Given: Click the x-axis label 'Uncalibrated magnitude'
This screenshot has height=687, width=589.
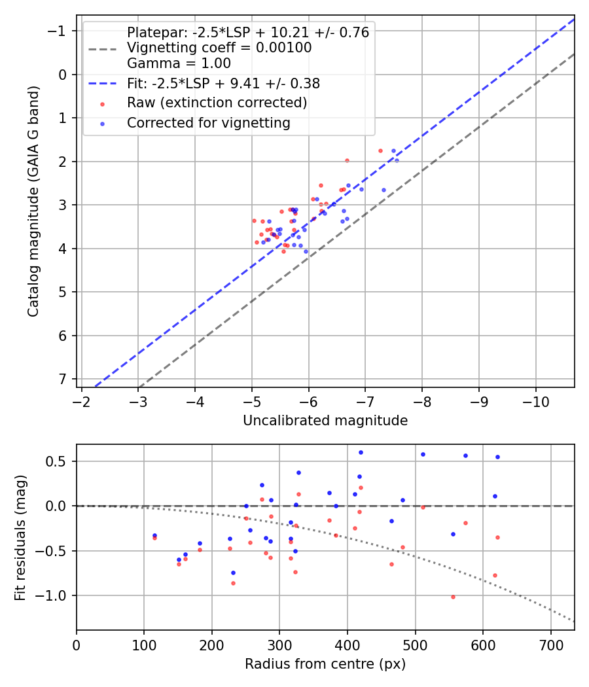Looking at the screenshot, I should pyautogui.click(x=325, y=421).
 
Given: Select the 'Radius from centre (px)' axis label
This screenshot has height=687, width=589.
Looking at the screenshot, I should pyautogui.click(x=325, y=664).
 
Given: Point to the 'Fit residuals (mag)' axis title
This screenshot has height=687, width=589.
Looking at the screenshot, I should pyautogui.click(x=20, y=537).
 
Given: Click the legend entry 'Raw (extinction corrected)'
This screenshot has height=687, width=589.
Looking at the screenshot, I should pyautogui.click(x=217, y=103).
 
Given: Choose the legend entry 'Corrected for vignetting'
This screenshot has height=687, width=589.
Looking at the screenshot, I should pyautogui.click(x=209, y=122).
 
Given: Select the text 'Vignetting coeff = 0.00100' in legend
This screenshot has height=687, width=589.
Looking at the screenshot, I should pyautogui.click(x=219, y=48).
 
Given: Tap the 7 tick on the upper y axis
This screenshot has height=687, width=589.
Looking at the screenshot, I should pyautogui.click(x=62, y=379).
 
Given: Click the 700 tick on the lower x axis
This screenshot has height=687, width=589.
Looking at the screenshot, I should pyautogui.click(x=550, y=644).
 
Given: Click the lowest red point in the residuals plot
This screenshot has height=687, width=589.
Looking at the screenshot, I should pyautogui.click(x=453, y=597).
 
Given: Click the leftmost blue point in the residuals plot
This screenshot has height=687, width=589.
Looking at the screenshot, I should pyautogui.click(x=154, y=535).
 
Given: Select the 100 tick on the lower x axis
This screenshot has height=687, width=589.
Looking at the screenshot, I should pyautogui.click(x=144, y=644).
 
